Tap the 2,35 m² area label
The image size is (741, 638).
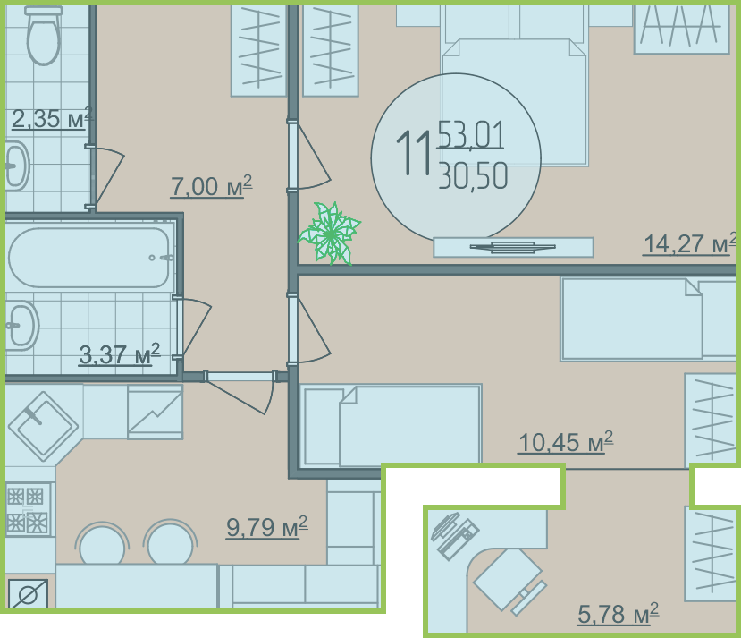[x=52, y=118]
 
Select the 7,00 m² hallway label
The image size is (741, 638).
[x=211, y=186]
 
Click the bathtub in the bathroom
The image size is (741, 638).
[x=88, y=258]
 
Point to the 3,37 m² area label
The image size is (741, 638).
[x=120, y=354]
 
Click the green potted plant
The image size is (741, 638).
[x=330, y=234]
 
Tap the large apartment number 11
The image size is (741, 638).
[x=414, y=153]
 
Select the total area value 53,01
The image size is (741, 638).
[x=471, y=134]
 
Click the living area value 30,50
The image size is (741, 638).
[x=473, y=175]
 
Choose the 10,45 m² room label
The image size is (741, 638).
[x=566, y=442]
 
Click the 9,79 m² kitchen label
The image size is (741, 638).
[x=267, y=527]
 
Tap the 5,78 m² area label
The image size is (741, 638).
[x=619, y=614]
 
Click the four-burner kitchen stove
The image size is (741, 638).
[x=29, y=510]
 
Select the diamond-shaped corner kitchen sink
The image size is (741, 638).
[x=43, y=426]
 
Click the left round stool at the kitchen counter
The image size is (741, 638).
[x=102, y=544]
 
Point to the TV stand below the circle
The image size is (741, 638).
[x=513, y=247]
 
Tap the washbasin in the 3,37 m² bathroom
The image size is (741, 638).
[x=22, y=326]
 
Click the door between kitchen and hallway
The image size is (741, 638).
[x=240, y=392]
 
